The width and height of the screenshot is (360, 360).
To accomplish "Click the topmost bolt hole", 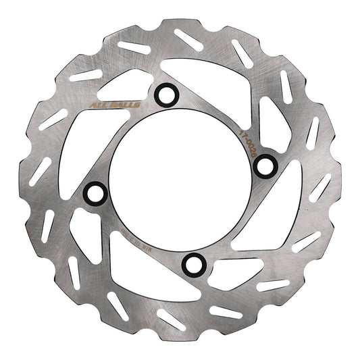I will [164, 95].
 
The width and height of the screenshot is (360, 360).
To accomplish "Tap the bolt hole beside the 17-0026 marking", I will [265, 164].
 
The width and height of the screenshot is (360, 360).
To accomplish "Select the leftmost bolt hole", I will [95, 194].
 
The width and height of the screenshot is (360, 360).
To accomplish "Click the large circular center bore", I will [180, 179].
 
